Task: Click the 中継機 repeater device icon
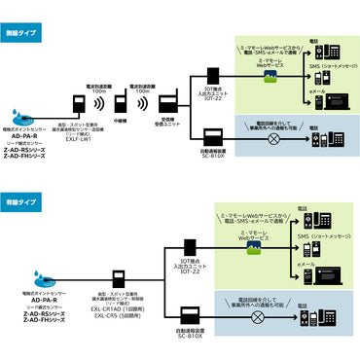point(121,104)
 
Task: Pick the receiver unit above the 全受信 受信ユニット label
point(166,103)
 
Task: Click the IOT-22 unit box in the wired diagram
point(190,249)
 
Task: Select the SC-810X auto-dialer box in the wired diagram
point(190,313)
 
